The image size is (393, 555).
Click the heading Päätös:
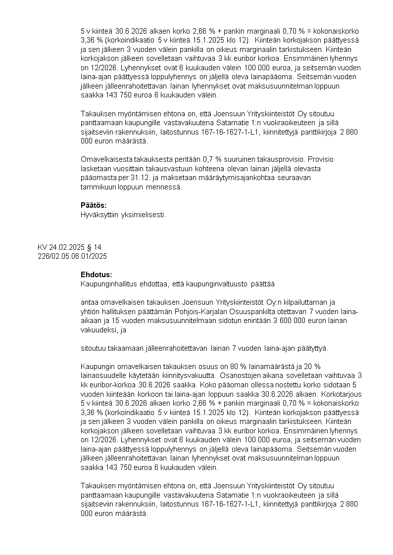click(x=94, y=205)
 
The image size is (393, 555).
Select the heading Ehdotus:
click(x=96, y=274)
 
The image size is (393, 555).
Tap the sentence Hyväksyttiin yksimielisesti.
click(x=123, y=215)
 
